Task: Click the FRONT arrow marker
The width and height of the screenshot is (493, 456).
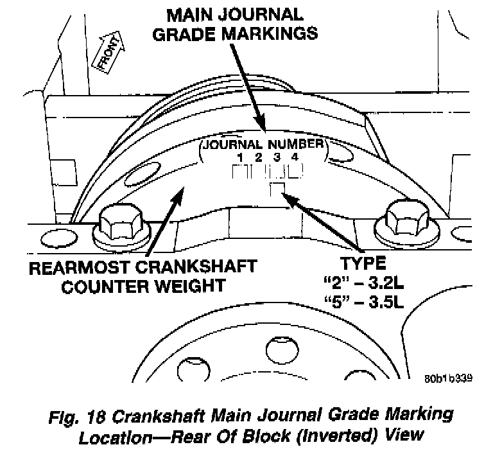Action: tap(107, 54)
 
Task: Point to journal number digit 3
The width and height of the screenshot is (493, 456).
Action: tap(275, 157)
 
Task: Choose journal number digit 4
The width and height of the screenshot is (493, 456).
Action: tap(293, 157)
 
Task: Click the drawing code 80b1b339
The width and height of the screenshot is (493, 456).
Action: tap(449, 378)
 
